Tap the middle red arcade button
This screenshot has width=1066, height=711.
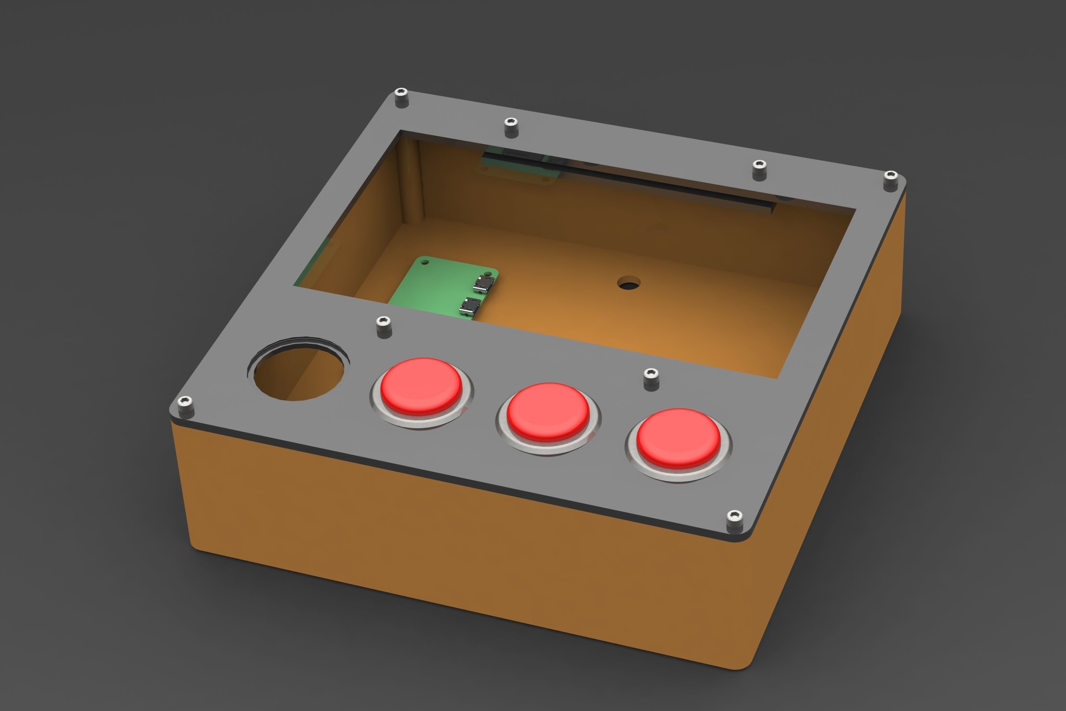coord(548,411)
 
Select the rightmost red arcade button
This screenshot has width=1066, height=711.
coord(678,438)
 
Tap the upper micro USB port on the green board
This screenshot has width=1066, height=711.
coord(483,284)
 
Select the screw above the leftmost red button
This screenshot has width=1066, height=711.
coord(384,326)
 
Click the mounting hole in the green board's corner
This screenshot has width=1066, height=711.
coord(425,262)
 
